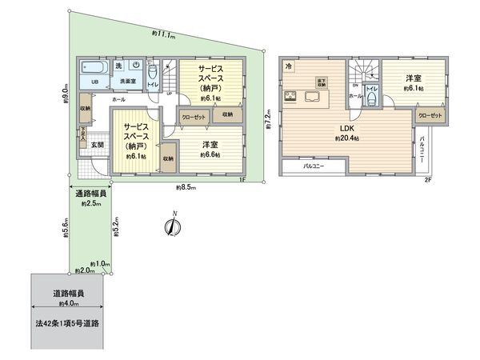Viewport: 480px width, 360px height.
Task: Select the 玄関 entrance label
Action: [96, 145]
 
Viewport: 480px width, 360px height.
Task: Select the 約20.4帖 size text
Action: [346, 138]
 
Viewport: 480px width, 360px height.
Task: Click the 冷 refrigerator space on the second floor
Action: [289, 66]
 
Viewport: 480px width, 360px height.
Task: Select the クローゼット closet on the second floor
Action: [430, 116]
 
